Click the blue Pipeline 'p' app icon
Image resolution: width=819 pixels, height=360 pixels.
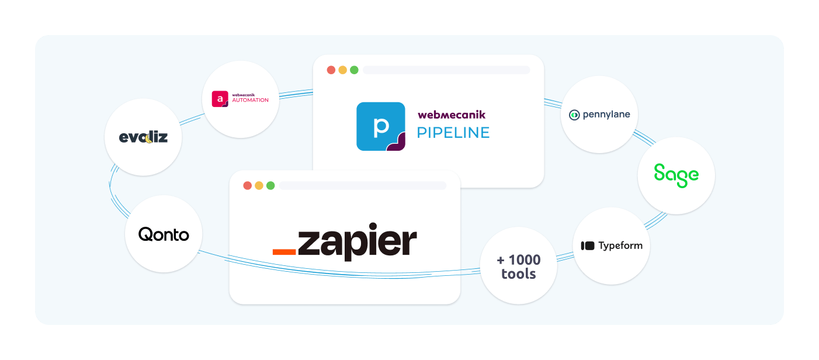tap(381, 126)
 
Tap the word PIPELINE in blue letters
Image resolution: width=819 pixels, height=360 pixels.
tap(453, 133)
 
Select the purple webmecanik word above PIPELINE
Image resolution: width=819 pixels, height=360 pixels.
tap(452, 115)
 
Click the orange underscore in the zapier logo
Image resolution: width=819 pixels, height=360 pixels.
tap(284, 252)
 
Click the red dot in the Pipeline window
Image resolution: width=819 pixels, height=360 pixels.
tap(331, 70)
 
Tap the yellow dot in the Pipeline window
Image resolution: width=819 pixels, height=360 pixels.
tap(342, 70)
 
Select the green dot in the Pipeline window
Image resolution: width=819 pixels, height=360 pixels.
tap(354, 70)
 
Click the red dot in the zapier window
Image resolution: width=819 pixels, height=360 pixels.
tap(248, 185)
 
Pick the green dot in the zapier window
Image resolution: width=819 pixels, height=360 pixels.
tap(270, 185)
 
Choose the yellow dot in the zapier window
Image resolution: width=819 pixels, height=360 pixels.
tap(259, 185)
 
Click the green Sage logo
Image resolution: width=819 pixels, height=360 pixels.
tap(676, 175)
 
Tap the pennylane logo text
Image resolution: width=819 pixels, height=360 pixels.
tap(606, 115)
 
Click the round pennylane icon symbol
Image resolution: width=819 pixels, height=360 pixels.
tap(574, 115)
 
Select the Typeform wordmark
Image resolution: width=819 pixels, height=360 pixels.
tap(620, 245)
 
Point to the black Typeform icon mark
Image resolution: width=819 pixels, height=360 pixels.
tap(588, 245)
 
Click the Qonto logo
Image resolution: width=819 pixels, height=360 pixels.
tap(164, 234)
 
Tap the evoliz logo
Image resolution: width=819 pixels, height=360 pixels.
tap(143, 137)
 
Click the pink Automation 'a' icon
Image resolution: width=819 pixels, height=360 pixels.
tap(220, 99)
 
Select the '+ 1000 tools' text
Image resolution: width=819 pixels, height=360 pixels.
tap(519, 266)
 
